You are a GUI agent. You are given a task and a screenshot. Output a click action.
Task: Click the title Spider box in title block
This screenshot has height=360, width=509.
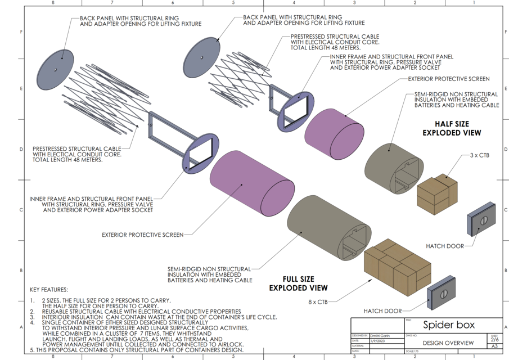[x=449, y=325]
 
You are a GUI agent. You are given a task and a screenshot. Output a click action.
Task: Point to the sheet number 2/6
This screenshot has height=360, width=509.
[x=494, y=340]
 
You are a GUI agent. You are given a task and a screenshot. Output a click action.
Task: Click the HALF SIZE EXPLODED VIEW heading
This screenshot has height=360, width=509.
[x=452, y=128]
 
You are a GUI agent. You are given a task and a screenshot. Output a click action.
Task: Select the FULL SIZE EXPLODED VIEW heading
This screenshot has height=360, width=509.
[x=299, y=283]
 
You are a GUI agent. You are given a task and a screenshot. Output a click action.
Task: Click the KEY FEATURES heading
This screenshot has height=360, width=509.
[x=49, y=290]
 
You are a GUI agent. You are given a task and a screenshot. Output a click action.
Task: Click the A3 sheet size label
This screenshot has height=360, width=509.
[x=494, y=346]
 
